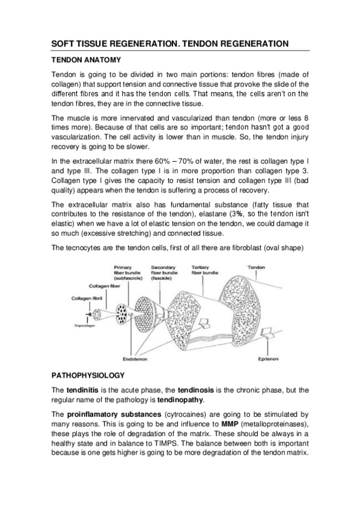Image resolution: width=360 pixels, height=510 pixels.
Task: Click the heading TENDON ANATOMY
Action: pos(87,60)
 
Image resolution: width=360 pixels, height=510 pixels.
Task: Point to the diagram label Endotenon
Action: pos(135,360)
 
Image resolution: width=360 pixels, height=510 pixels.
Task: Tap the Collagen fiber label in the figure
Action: pos(105,286)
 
